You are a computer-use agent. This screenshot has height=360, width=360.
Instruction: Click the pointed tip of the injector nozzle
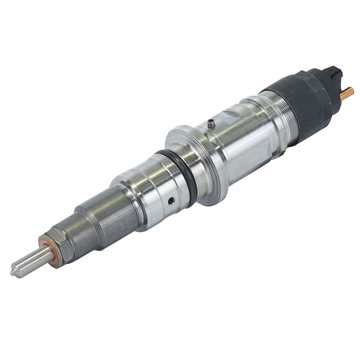coord(13,272)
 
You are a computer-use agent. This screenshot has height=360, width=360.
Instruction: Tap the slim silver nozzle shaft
coord(32,261)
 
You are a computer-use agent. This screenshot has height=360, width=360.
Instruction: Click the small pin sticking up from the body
coord(210,124)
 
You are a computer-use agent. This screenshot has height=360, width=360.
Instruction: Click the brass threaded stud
coord(347,93)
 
